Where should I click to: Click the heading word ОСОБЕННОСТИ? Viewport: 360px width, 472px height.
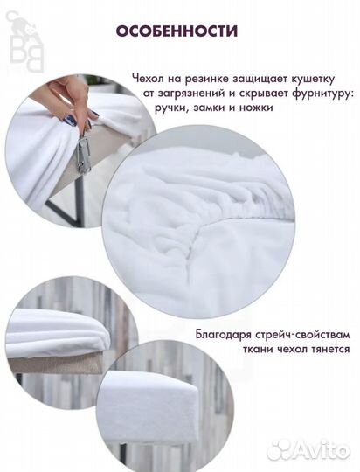(177, 31)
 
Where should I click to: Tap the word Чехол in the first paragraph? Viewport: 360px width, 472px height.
(147, 80)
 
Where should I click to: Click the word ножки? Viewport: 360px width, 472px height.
(256, 108)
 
